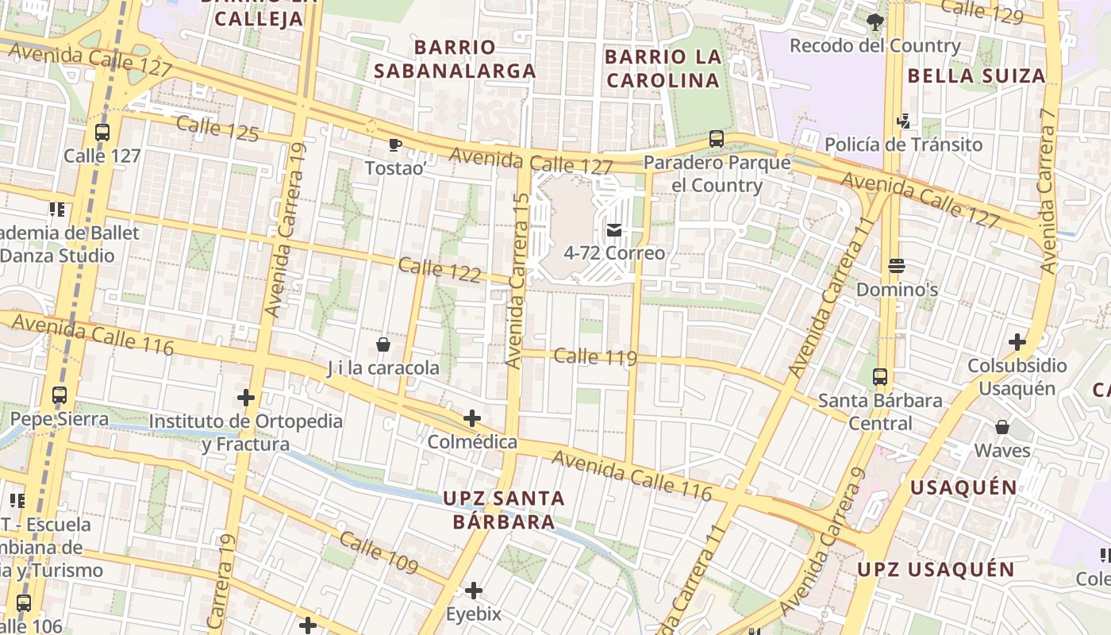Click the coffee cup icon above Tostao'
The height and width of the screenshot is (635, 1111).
click(x=394, y=144)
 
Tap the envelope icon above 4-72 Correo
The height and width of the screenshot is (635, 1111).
click(x=614, y=230)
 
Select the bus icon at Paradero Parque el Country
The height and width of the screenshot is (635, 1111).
click(x=717, y=139)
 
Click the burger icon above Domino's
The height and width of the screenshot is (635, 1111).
click(x=897, y=266)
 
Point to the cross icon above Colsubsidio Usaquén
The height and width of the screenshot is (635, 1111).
click(x=1017, y=342)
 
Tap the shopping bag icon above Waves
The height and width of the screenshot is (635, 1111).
click(x=1002, y=427)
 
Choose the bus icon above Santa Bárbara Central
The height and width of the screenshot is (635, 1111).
click(x=880, y=376)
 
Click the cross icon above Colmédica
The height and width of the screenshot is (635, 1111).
click(x=472, y=418)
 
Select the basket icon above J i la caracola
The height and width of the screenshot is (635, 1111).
click(x=383, y=344)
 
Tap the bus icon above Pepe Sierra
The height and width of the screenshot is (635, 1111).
click(x=60, y=394)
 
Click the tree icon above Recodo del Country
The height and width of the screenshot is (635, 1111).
click(x=875, y=21)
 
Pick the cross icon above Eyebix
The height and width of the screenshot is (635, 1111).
click(x=474, y=591)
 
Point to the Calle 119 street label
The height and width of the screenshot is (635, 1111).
click(x=595, y=356)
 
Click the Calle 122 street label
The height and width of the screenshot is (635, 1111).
click(x=440, y=270)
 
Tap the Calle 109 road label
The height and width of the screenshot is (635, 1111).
click(x=379, y=553)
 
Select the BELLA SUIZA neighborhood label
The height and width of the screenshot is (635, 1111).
click(x=976, y=76)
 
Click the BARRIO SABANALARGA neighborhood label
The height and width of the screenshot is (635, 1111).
click(x=455, y=59)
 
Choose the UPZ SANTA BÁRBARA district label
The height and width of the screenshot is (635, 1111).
click(x=504, y=510)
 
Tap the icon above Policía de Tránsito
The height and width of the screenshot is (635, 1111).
click(x=902, y=121)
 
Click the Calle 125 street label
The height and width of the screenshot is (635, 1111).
click(x=217, y=129)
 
